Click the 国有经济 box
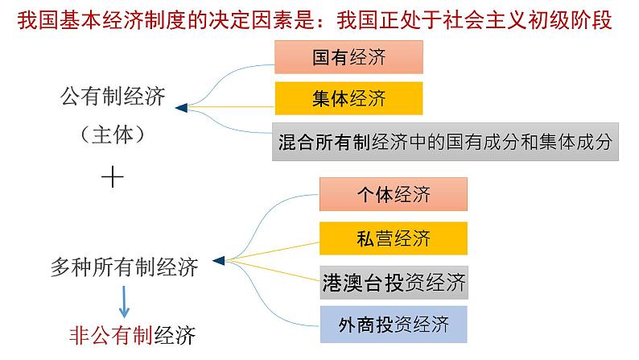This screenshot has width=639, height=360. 348,58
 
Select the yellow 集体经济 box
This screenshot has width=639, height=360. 348,100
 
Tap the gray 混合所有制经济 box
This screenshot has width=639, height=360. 443,142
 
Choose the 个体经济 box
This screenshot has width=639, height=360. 393,195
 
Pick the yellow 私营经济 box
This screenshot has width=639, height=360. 393,238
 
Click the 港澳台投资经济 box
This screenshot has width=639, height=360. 393,282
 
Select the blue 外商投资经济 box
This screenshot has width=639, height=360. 393,325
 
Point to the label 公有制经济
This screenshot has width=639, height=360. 113,98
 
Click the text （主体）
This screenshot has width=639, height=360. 112,134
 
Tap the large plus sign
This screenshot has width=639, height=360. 113,177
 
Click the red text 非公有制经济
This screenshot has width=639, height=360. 133,333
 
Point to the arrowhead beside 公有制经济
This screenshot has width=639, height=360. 181,106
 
